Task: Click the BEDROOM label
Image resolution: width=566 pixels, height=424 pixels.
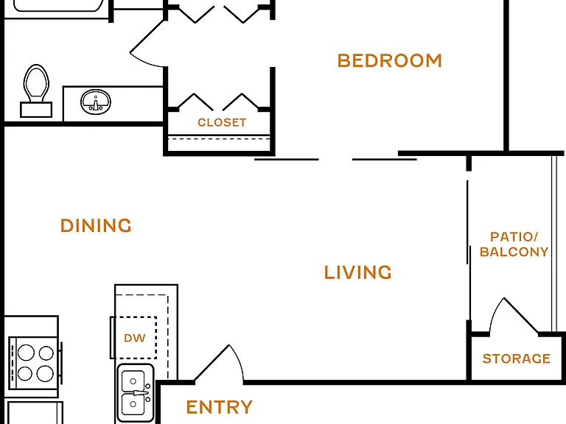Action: pyautogui.click(x=389, y=60)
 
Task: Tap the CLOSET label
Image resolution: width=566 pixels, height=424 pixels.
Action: pyautogui.click(x=222, y=123)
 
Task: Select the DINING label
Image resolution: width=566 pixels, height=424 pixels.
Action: pyautogui.click(x=96, y=226)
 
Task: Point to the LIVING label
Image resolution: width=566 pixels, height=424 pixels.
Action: pyautogui.click(x=357, y=272)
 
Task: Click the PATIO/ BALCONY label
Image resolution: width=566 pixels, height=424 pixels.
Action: pyautogui.click(x=514, y=244)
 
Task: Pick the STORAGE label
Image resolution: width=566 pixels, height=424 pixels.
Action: pyautogui.click(x=516, y=358)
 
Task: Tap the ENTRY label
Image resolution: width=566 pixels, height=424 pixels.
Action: pyautogui.click(x=219, y=407)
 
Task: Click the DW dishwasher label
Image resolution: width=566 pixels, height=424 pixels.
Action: pyautogui.click(x=135, y=338)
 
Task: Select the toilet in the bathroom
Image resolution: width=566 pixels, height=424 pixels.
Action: pyautogui.click(x=36, y=91)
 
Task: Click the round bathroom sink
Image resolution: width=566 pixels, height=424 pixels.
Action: pyautogui.click(x=96, y=102)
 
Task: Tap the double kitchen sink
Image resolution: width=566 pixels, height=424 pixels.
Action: pyautogui.click(x=136, y=392)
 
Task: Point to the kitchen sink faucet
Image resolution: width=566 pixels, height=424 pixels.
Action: pyautogui.click(x=141, y=392)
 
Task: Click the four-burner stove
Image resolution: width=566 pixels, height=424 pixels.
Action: pyautogui.click(x=35, y=363)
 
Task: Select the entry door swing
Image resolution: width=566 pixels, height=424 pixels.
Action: pyautogui.click(x=219, y=363)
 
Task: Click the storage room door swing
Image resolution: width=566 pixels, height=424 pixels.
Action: pyautogui.click(x=514, y=316)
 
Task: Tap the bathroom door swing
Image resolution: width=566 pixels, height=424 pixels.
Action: pyautogui.click(x=147, y=43)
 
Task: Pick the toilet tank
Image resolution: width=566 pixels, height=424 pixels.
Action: pyautogui.click(x=36, y=110)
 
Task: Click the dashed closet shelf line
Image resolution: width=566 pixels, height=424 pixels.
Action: pyautogui.click(x=219, y=138)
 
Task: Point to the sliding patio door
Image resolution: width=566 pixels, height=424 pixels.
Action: pyautogui.click(x=469, y=223)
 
